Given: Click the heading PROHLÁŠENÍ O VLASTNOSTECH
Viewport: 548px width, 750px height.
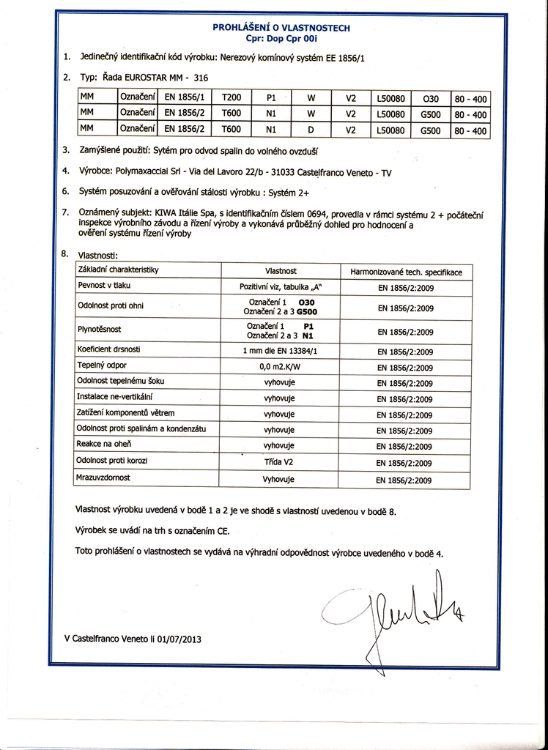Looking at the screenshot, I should pos(281,28).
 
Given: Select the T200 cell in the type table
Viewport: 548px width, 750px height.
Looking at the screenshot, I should pos(231,97).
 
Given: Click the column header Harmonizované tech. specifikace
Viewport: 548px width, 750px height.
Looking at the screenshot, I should pos(406,272).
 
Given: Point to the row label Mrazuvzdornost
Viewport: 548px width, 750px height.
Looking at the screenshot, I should pos(103,478).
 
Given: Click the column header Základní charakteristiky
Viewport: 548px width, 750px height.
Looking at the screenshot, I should pos(118,270).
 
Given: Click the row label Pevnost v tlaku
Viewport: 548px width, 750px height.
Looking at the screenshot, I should pos(104,285).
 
